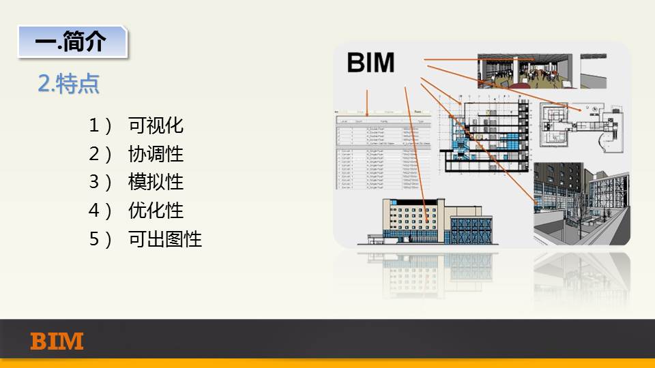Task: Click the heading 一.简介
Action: point(72,42)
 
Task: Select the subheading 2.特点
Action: point(69,84)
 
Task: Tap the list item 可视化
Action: point(156,125)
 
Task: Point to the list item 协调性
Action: point(156,154)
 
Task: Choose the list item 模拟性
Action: point(156,183)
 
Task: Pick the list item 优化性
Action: point(156,211)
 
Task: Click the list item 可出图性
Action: point(164,239)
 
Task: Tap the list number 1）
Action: point(100,125)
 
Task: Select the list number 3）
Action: point(100,183)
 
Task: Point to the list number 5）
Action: point(100,239)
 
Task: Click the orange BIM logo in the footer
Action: point(57,341)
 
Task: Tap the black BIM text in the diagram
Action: point(370,63)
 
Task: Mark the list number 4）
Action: point(100,211)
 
